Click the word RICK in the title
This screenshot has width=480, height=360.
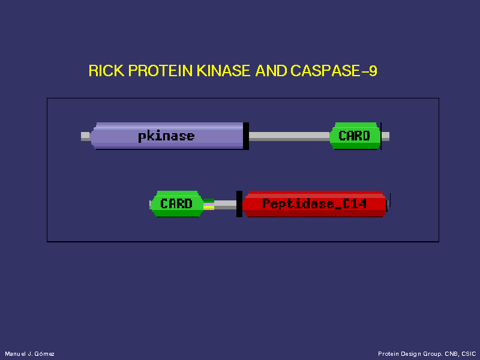[106, 71]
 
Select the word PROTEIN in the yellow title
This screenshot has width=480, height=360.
[160, 71]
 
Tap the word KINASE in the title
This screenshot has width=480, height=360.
[223, 71]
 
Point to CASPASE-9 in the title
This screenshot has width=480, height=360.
[334, 71]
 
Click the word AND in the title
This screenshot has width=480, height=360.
[271, 71]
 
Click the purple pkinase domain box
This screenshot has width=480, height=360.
[167, 136]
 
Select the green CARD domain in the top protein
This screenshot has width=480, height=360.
[355, 136]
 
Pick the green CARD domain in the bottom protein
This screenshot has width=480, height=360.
[176, 204]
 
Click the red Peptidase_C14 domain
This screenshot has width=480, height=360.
[314, 204]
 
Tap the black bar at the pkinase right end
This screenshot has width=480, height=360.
[246, 136]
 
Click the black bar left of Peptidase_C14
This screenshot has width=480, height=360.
[239, 204]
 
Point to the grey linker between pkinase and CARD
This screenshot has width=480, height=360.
[289, 136]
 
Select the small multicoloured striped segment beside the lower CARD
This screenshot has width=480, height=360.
[209, 204]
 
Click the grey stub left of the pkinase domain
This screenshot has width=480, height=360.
[85, 136]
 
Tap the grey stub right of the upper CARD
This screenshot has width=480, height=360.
[385, 136]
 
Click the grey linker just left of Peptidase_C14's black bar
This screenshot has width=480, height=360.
[226, 205]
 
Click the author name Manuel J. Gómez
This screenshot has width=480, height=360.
[29, 354]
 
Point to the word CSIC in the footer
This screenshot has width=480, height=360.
[469, 354]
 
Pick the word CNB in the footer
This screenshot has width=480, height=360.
[452, 354]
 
